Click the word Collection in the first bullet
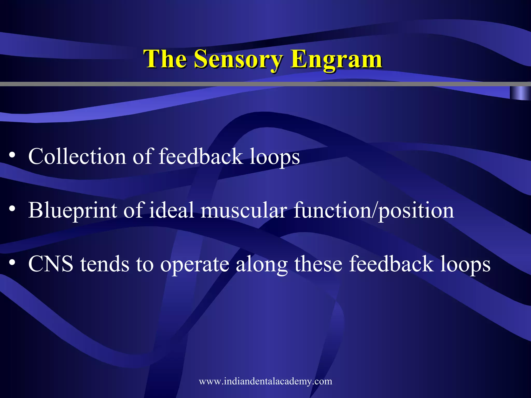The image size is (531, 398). [77, 157]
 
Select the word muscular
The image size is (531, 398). [244, 210]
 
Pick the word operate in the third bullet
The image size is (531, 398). [194, 264]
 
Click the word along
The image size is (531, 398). [261, 264]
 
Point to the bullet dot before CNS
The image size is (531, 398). [12, 263]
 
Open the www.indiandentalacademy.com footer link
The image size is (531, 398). [265, 381]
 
